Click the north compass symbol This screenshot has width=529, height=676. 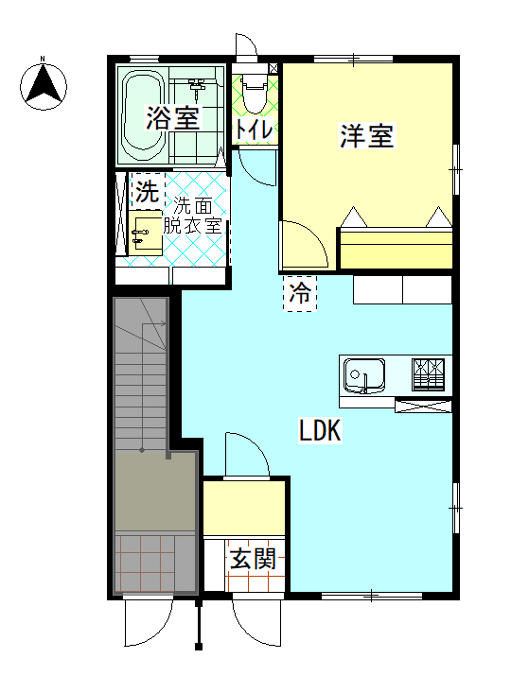(44, 84)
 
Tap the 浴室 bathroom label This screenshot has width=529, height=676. (172, 118)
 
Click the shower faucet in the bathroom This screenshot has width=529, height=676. (199, 88)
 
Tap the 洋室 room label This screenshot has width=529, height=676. (366, 137)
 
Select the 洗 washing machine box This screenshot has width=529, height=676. (146, 193)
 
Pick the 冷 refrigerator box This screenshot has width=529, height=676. (300, 292)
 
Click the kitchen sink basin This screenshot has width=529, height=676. (364, 374)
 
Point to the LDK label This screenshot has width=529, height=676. (320, 431)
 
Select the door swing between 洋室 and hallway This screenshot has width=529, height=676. (302, 245)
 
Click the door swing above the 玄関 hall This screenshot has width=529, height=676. (247, 455)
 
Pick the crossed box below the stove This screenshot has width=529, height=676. (423, 407)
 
